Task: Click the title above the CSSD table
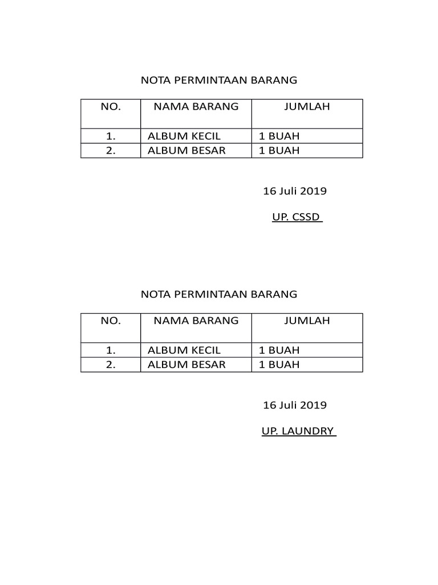219,81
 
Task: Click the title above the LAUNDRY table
219,295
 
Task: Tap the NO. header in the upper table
111,107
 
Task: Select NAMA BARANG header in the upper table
196,107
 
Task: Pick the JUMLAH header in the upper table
307,107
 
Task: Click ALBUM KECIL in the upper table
184,137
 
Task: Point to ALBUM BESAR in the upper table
186,151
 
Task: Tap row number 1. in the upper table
111,137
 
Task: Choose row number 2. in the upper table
111,151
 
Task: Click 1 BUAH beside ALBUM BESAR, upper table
279,151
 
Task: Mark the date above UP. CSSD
294,191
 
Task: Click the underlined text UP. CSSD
297,218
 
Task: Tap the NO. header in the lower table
111,321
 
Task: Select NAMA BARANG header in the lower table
196,321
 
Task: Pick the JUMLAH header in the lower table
307,321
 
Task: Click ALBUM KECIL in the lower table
184,350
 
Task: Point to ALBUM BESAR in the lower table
186,364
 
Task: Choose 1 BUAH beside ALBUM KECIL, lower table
279,350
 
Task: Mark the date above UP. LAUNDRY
294,406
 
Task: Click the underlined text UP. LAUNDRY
298,431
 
